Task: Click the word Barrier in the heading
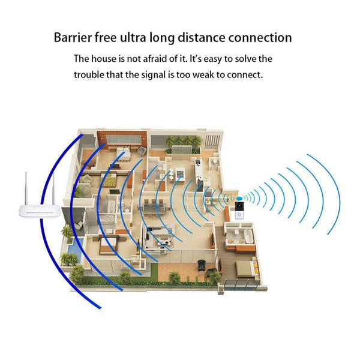[x=73, y=38]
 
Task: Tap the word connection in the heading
[x=260, y=38]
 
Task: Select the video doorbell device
[x=241, y=211]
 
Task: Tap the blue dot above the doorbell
[x=241, y=197]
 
